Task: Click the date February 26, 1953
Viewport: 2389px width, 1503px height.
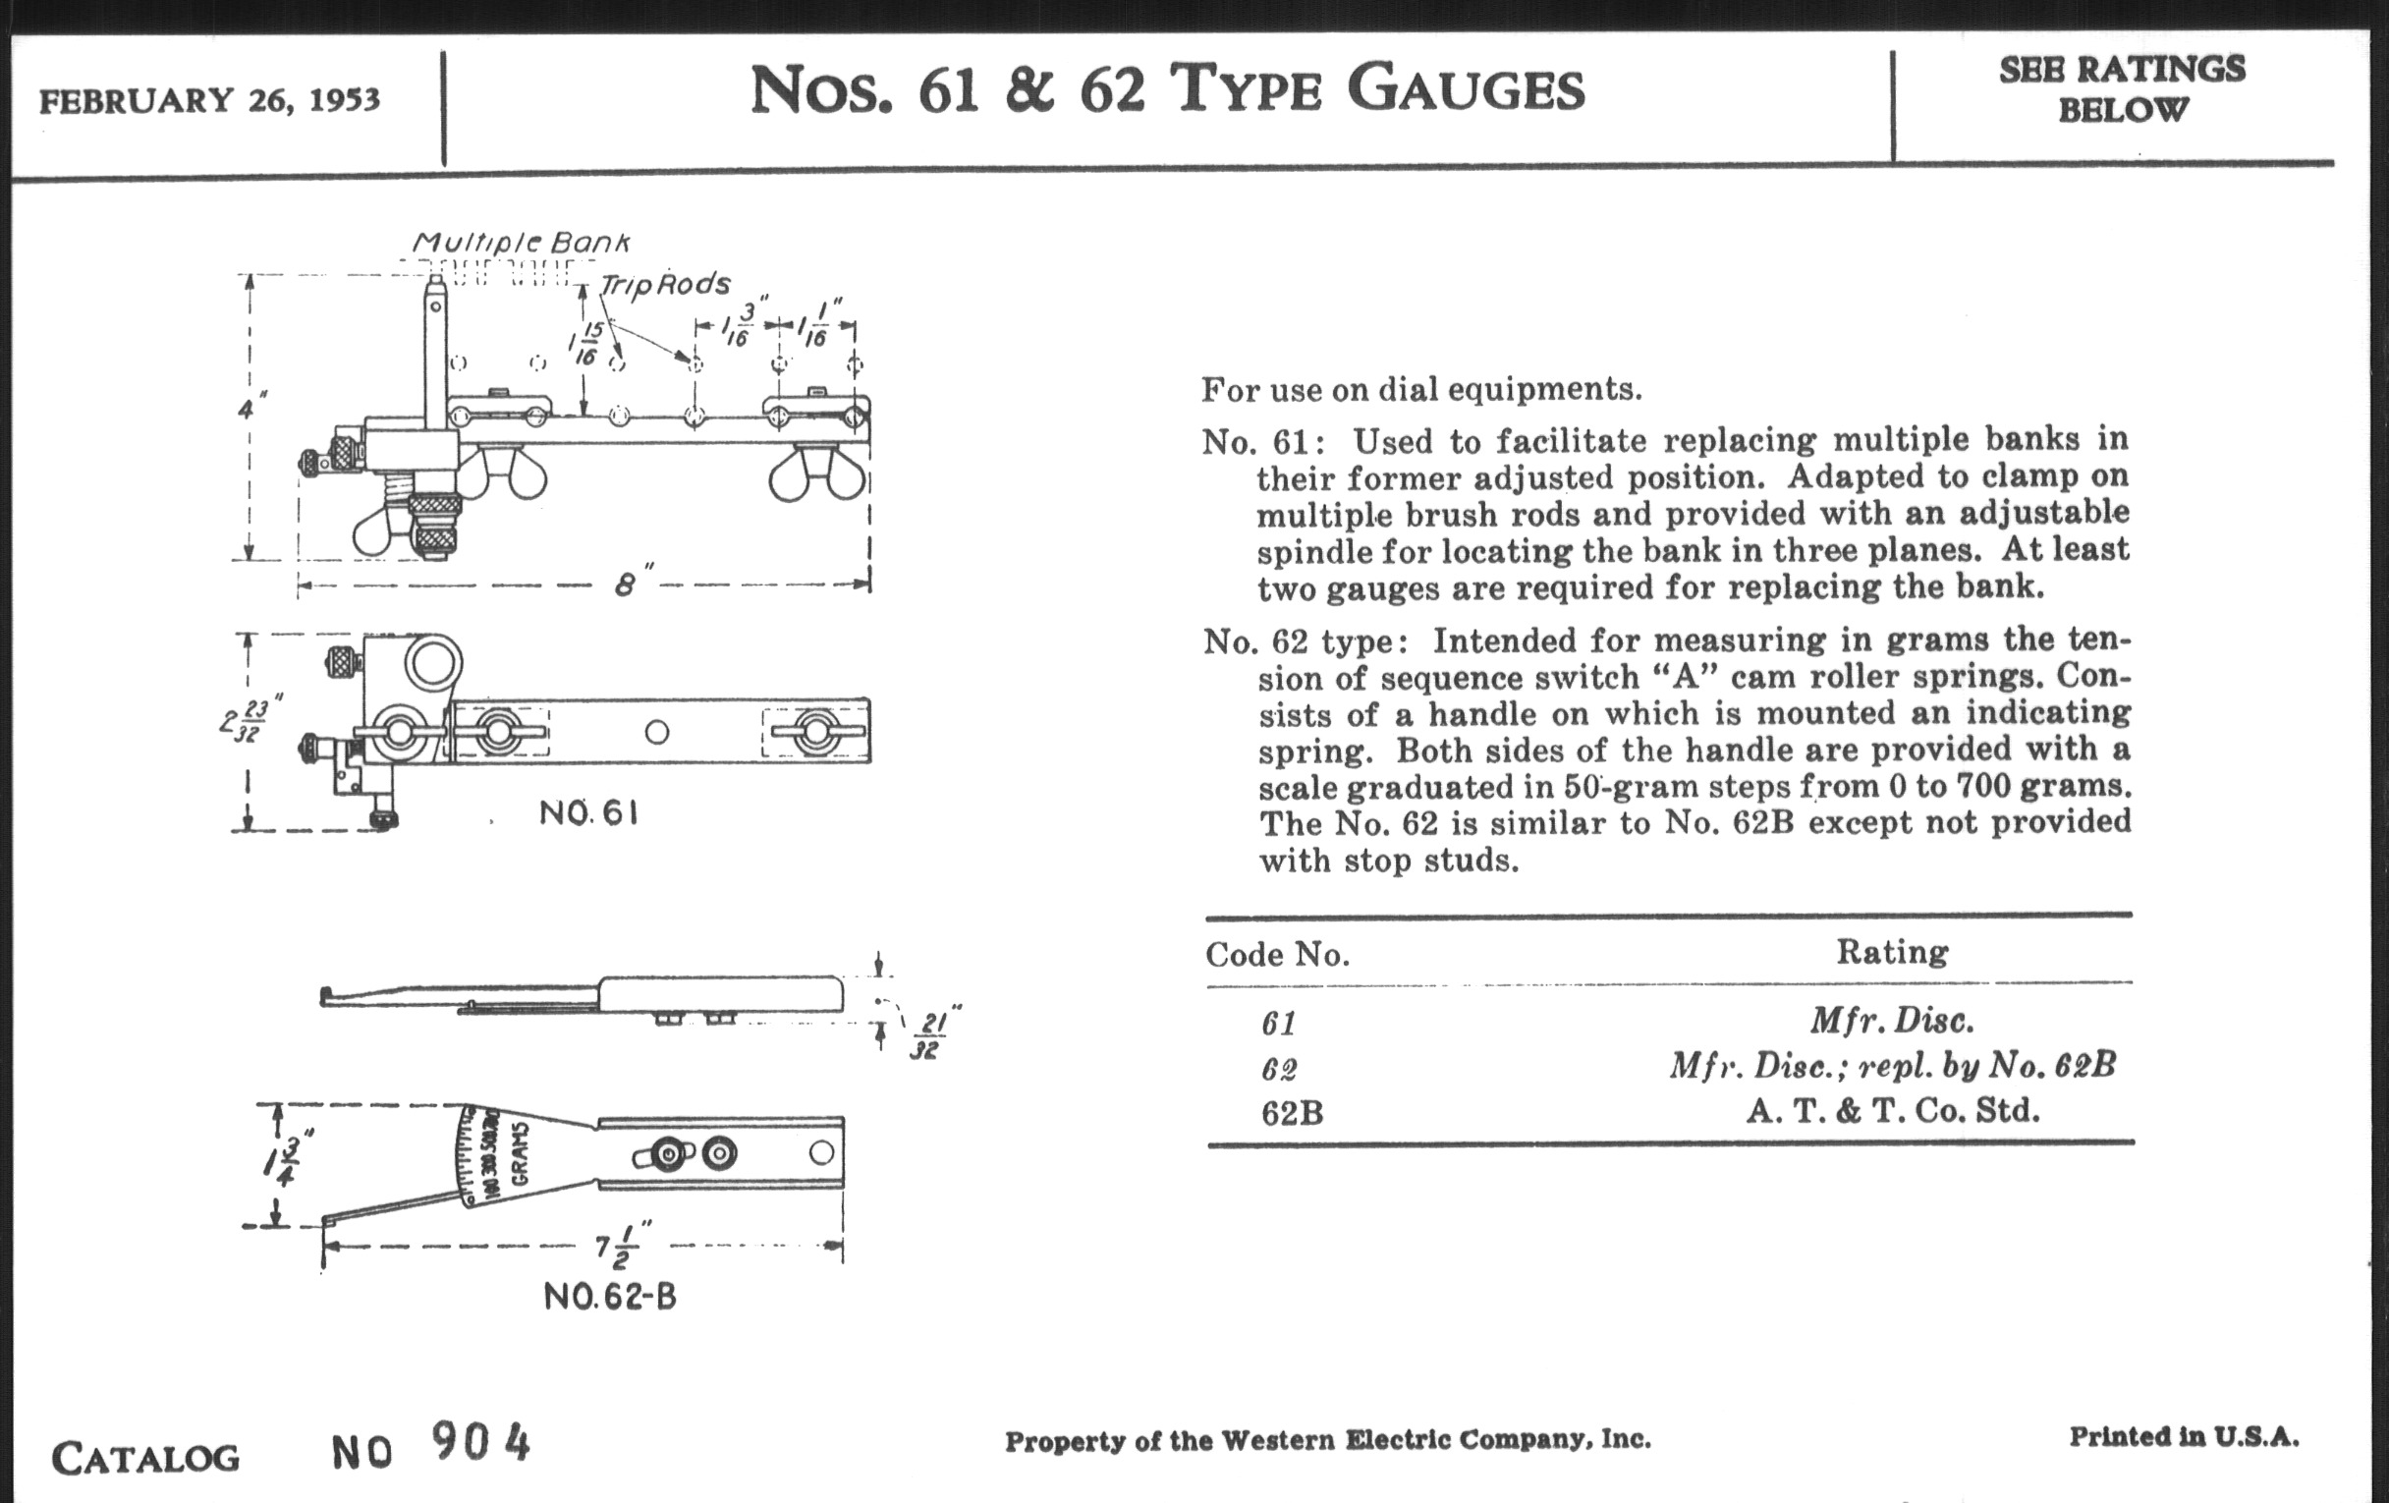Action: [209, 100]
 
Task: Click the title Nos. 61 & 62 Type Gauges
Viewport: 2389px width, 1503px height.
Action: [1167, 89]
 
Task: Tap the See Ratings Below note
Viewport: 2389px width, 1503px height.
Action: [2121, 89]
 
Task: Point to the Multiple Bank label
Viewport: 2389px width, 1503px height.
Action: [521, 242]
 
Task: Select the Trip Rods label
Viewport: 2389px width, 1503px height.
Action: [665, 285]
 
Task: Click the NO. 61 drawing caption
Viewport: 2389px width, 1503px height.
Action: [587, 813]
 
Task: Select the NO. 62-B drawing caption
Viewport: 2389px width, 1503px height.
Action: [609, 1297]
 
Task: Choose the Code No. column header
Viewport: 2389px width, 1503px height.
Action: [1277, 955]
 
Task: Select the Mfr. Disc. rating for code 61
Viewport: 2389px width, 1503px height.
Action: [1891, 1020]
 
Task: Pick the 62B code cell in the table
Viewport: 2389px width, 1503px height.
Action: [1292, 1113]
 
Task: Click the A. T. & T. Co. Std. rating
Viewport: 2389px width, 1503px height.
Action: [1892, 1110]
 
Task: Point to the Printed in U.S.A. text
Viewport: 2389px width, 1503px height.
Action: [2184, 1436]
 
